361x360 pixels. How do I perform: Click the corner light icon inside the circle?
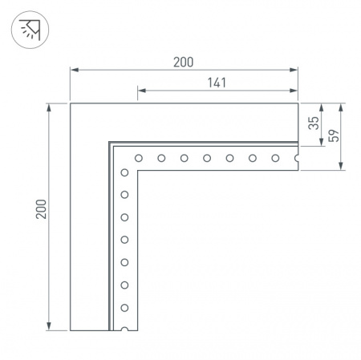click(x=30, y=30)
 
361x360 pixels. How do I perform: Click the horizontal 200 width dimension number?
click(x=184, y=63)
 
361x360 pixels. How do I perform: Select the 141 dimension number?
click(x=217, y=83)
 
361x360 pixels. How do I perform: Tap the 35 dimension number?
click(x=314, y=123)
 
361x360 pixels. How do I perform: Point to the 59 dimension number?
click(x=334, y=136)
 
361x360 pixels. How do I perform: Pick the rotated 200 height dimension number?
click(x=41, y=209)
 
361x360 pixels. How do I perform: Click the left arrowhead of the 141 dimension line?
click(x=142, y=91)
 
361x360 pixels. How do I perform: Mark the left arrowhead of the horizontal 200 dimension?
click(x=75, y=70)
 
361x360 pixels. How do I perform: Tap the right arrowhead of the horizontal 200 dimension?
click(x=294, y=70)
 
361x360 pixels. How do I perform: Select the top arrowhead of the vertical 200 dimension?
click(x=49, y=107)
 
